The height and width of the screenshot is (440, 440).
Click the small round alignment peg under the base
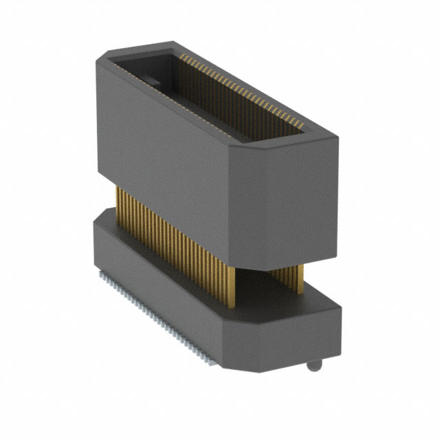click(x=313, y=365)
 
